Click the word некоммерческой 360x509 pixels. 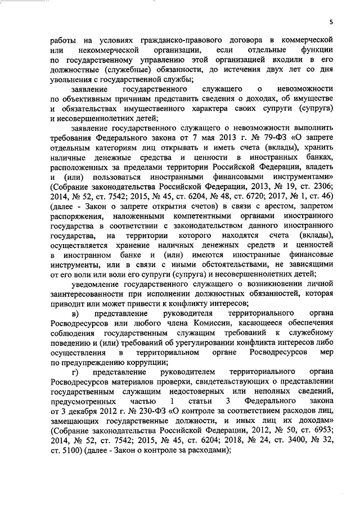(x=113, y=51)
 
